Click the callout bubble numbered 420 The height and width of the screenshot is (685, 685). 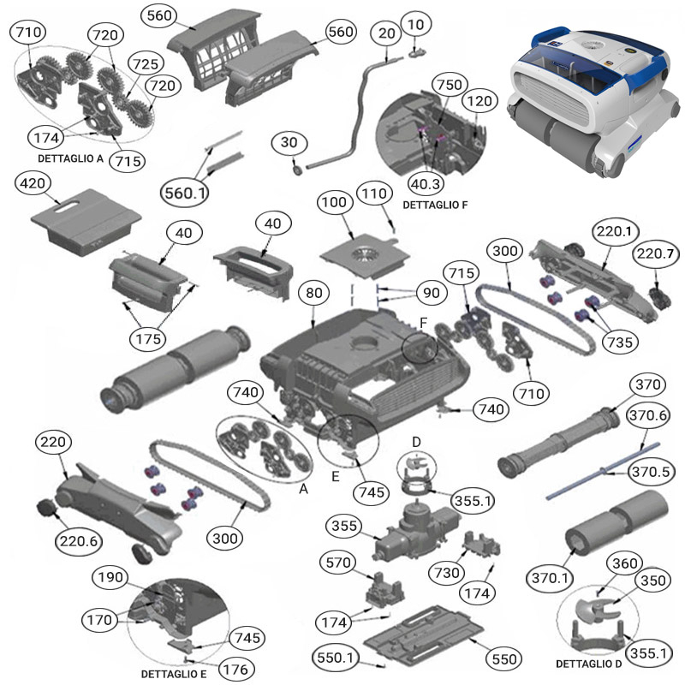click(x=36, y=184)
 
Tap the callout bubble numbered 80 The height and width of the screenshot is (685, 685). click(x=314, y=293)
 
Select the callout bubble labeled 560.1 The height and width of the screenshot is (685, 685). click(x=186, y=194)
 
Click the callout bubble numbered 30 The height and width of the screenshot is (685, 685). click(x=289, y=143)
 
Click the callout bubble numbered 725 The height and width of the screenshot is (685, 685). click(x=145, y=64)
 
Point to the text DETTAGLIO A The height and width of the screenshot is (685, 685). click(x=70, y=159)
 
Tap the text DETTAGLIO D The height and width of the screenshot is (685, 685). click(x=588, y=664)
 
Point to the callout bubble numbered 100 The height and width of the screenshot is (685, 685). click(x=336, y=203)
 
